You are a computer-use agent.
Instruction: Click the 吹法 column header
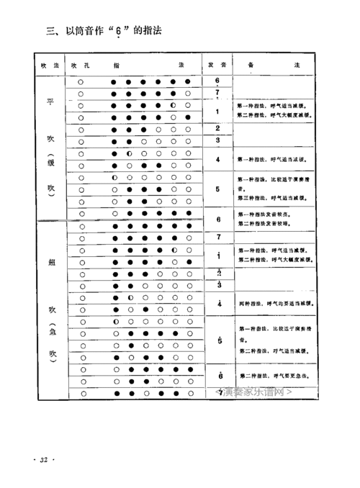50,65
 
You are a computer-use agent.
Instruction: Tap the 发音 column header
217,65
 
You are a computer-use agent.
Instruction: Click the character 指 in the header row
117,65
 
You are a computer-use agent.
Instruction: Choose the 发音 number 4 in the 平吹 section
217,160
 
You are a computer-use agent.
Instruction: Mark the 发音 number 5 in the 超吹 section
217,340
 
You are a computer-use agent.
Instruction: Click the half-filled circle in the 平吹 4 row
129,154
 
